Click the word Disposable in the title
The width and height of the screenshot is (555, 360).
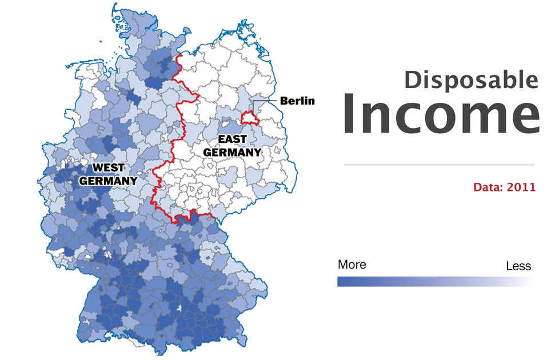coord(471,79)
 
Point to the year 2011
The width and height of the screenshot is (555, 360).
coord(524,187)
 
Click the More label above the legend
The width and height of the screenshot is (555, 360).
coord(352,265)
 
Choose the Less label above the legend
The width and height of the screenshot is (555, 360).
coord(518,266)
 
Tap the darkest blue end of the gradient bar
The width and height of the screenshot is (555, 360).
coord(341,282)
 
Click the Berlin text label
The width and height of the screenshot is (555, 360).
coord(297,101)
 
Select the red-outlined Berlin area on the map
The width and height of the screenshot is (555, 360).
coord(249,118)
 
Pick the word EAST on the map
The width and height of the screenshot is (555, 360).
coord(232,139)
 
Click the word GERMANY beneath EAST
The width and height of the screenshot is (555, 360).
coord(232,153)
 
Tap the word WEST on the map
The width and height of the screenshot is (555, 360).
coord(109,168)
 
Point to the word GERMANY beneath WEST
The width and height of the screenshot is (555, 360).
coord(108,181)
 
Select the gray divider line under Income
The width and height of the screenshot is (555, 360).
coord(438,165)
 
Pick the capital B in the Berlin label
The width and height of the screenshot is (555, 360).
coord(284,101)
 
